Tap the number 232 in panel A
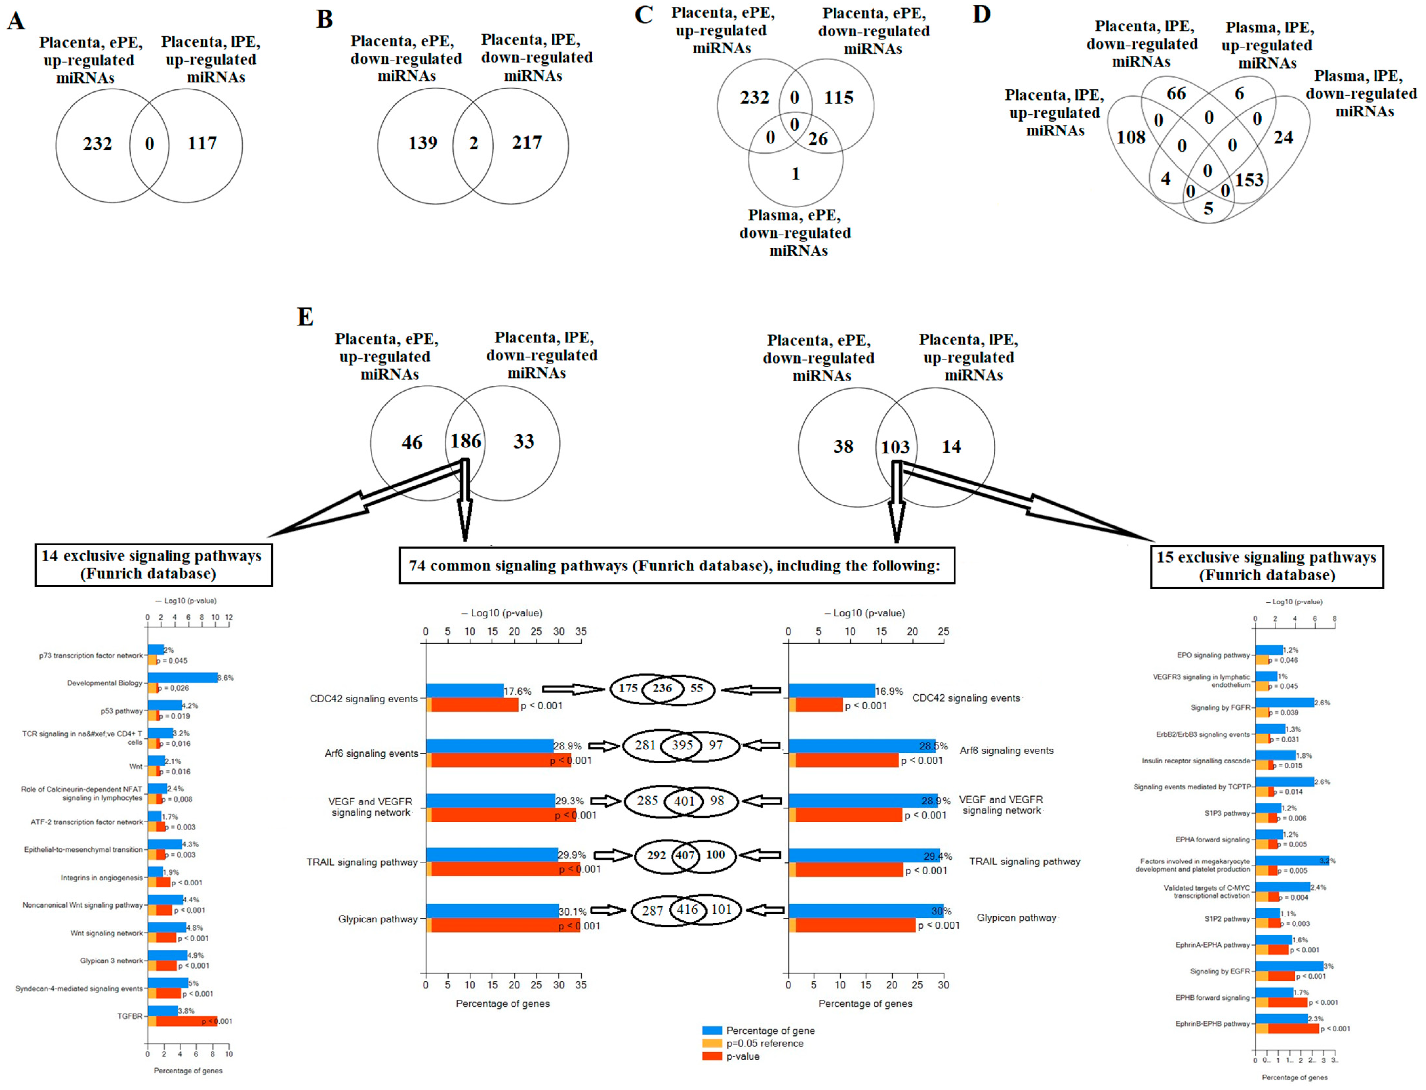coord(97,143)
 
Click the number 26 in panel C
coord(817,139)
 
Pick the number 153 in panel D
coord(1249,180)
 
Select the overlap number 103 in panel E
coord(895,447)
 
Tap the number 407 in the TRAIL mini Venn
coord(685,855)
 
